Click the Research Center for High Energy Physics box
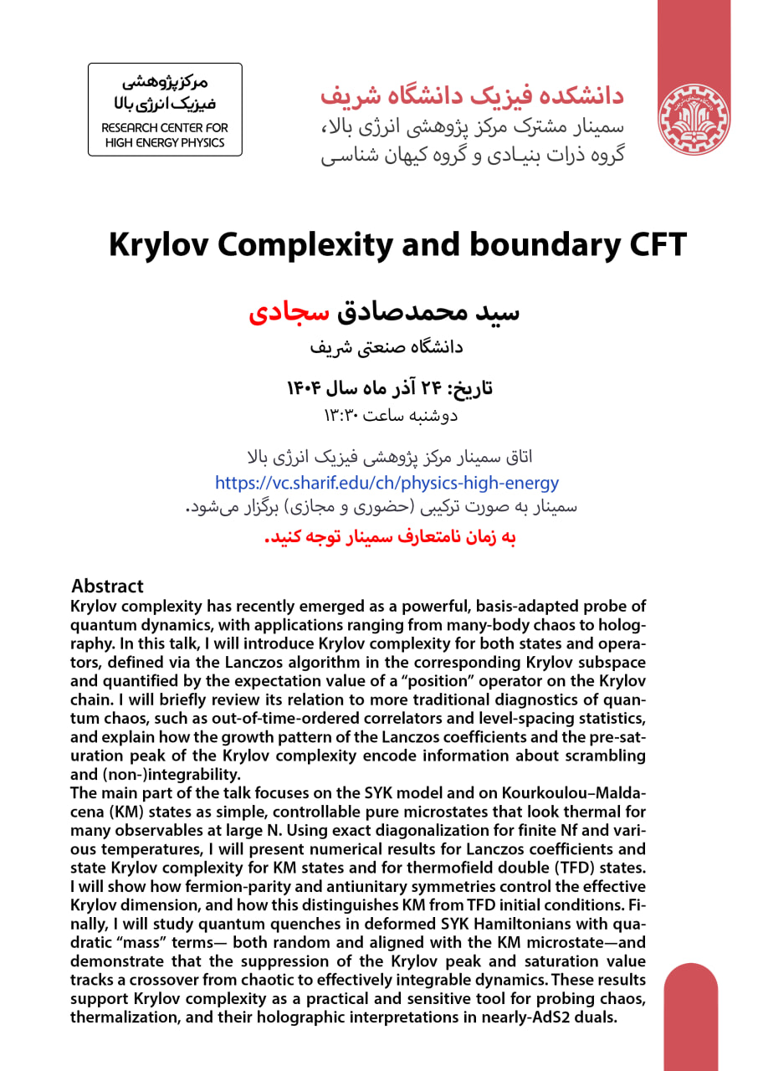tap(165, 109)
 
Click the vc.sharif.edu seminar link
tap(387, 483)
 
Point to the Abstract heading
tap(107, 586)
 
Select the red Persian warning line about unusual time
tap(390, 537)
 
